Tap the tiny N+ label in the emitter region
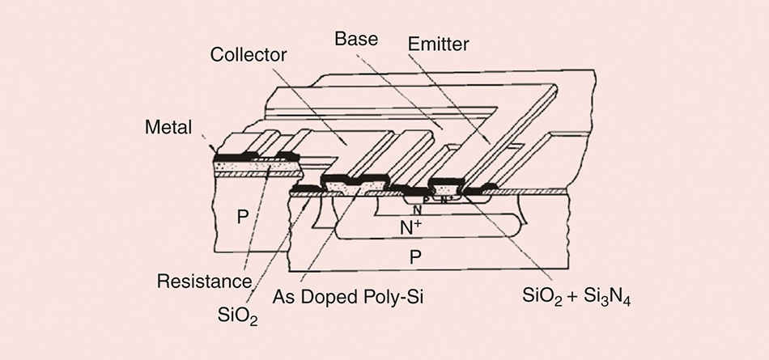point(446,197)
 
